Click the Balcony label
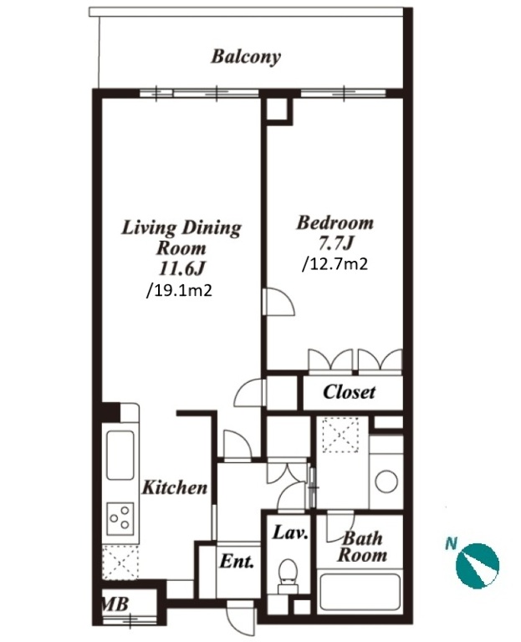click(x=246, y=58)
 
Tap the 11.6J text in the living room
click(x=181, y=269)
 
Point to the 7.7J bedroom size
click(x=335, y=244)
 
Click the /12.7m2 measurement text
click(x=335, y=264)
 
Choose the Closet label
click(x=349, y=392)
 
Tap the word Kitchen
click(x=175, y=487)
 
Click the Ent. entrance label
click(x=238, y=562)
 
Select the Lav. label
click(x=290, y=533)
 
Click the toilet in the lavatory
click(x=289, y=576)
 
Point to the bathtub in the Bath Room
click(x=360, y=592)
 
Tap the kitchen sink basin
click(x=120, y=455)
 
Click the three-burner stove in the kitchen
click(x=120, y=518)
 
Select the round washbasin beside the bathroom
click(x=386, y=481)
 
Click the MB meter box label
click(x=115, y=604)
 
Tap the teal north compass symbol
click(x=478, y=566)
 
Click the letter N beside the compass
click(x=452, y=544)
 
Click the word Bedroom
click(x=335, y=223)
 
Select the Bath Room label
click(x=362, y=547)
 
